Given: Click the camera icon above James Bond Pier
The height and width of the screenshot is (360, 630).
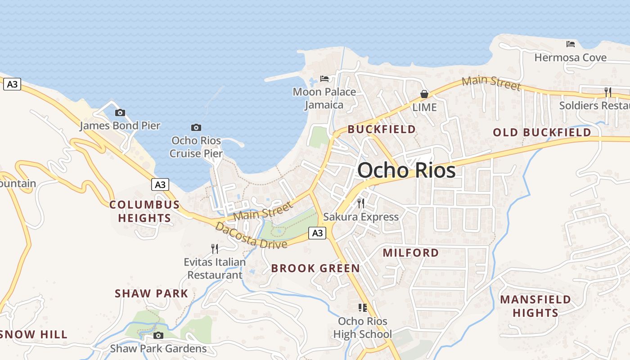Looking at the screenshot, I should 120,112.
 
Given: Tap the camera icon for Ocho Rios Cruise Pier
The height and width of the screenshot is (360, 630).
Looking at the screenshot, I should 196,127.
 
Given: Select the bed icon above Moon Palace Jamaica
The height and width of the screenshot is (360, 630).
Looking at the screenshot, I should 324,79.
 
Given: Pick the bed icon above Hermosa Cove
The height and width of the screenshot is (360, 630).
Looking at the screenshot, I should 571,44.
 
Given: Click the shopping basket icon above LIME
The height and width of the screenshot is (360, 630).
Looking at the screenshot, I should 424,94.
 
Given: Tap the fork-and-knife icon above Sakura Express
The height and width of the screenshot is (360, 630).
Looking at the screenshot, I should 360,203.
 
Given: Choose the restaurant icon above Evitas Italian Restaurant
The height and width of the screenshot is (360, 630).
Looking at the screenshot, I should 215,248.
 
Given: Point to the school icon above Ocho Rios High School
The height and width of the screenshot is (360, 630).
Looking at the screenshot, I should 362,308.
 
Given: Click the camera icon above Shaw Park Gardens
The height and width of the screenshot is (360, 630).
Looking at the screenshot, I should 158,335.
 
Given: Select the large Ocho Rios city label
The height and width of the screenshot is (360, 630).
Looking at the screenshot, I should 406,171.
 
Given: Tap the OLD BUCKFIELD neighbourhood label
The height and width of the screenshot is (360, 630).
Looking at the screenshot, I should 542,132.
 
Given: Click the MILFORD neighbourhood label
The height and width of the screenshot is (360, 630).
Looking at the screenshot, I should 411,253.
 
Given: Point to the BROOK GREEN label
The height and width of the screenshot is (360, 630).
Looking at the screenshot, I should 315,269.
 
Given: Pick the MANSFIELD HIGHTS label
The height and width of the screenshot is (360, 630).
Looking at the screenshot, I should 535,306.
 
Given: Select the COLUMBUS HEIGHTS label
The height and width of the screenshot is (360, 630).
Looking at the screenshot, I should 144,211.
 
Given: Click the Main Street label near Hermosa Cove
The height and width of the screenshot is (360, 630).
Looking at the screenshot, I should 491,83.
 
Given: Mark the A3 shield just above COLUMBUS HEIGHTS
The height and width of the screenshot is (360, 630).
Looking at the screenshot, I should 160,184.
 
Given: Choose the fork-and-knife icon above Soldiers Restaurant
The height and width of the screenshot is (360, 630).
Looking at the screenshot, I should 607,92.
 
